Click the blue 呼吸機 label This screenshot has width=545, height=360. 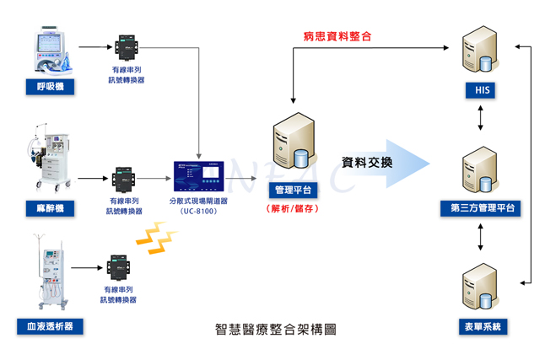[50, 86]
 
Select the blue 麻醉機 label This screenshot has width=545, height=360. [50, 207]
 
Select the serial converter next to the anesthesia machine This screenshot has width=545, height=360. [125, 179]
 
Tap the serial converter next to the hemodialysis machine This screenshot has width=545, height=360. [119, 268]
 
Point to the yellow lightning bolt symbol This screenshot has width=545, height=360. [153, 239]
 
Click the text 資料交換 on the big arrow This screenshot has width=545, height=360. [367, 161]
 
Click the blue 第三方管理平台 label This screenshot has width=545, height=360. [480, 208]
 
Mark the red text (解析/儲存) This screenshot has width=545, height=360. [293, 208]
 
